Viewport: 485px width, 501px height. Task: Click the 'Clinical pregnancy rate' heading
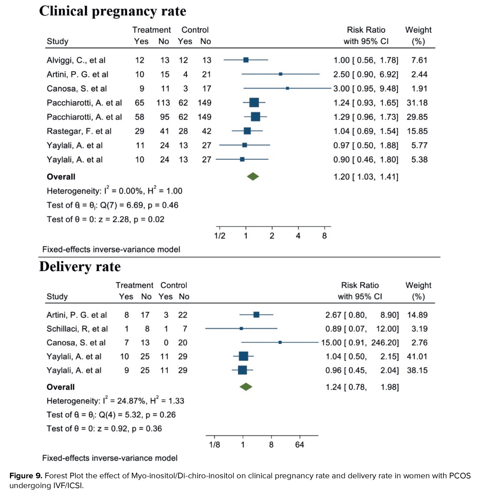112,11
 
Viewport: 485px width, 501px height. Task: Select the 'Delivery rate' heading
80,267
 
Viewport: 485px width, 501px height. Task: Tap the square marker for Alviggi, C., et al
246,60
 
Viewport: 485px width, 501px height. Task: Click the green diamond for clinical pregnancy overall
253,176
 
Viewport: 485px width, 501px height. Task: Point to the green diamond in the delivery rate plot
246,387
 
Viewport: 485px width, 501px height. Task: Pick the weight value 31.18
417,103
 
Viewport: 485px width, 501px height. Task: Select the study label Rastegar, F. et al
79,131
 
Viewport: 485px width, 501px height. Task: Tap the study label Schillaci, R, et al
77,329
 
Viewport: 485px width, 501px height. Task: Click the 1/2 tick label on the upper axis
220,236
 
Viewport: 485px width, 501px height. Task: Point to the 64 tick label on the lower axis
299,445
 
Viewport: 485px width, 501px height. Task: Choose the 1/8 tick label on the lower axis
214,445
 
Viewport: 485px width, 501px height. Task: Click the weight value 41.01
417,356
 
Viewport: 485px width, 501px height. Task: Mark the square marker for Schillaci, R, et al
241,328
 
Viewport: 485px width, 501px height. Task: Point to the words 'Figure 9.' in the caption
26,476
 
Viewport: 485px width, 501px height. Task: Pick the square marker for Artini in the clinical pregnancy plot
281,74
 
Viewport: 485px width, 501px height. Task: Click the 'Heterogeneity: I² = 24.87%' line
115,401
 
